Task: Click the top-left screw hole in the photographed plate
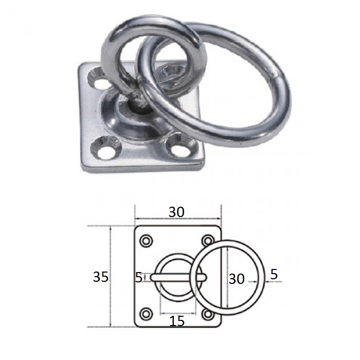pos(99,80)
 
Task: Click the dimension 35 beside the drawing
pos(101,277)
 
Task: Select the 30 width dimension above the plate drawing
pos(176,212)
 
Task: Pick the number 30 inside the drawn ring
pos(237,279)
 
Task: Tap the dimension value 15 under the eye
pos(177,321)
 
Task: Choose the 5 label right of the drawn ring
pos(274,274)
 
